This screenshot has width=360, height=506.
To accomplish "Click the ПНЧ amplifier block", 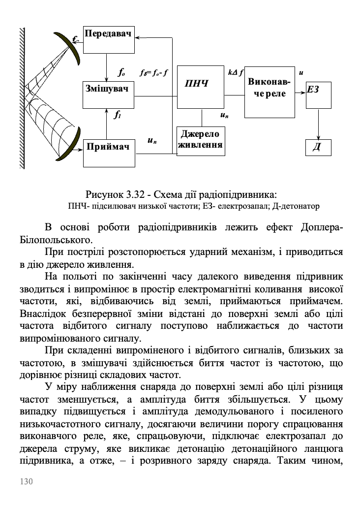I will pyautogui.click(x=201, y=87).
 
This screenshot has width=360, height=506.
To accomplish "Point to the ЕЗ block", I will pyautogui.click(x=318, y=95).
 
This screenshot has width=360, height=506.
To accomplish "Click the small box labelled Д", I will pyautogui.click(x=318, y=147).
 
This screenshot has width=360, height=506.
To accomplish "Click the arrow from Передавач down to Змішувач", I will pyautogui.click(x=106, y=66).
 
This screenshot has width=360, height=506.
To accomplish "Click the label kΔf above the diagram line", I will pyautogui.click(x=236, y=72).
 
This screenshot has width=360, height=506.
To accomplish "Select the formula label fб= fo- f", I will pyautogui.click(x=154, y=73).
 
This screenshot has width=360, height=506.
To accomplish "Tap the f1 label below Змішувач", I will pyautogui.click(x=117, y=116).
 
